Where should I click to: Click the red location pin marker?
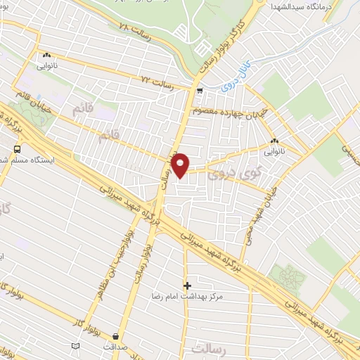[x=181, y=165]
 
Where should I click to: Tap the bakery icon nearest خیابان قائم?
[x=46, y=55]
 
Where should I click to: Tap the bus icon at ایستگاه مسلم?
[x=16, y=149]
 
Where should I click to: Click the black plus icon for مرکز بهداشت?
[x=187, y=285]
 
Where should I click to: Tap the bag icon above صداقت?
[x=115, y=335]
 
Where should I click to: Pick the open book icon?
[x=76, y=346]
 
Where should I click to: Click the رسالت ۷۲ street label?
[x=156, y=82]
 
